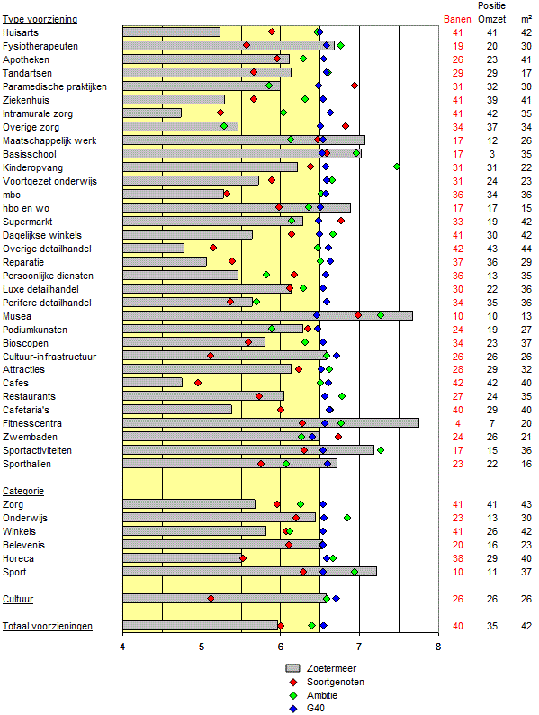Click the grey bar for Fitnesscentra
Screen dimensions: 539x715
pos(271,423)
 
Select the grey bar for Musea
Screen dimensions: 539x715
pos(268,315)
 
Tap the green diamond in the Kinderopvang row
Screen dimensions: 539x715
pos(397,167)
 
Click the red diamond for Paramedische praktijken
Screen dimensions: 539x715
pos(355,86)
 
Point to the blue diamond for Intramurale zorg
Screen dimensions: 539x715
pos(330,113)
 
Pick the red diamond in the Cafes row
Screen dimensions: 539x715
pos(198,383)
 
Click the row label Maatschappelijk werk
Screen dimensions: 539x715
pos(49,140)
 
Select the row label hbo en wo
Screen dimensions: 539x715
pos(26,208)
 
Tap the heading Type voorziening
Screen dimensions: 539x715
pos(40,19)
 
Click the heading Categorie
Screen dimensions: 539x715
pos(23,491)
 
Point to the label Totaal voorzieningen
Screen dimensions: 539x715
pos(48,626)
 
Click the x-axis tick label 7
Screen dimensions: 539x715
pos(359,647)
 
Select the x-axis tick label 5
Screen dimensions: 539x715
pos(202,647)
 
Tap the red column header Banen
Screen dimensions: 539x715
pos(457,19)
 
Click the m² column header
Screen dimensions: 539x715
pos(526,19)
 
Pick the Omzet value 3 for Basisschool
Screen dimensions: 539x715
pos(492,154)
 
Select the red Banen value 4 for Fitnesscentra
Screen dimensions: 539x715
pos(458,423)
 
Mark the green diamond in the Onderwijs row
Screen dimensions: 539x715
pos(347,518)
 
